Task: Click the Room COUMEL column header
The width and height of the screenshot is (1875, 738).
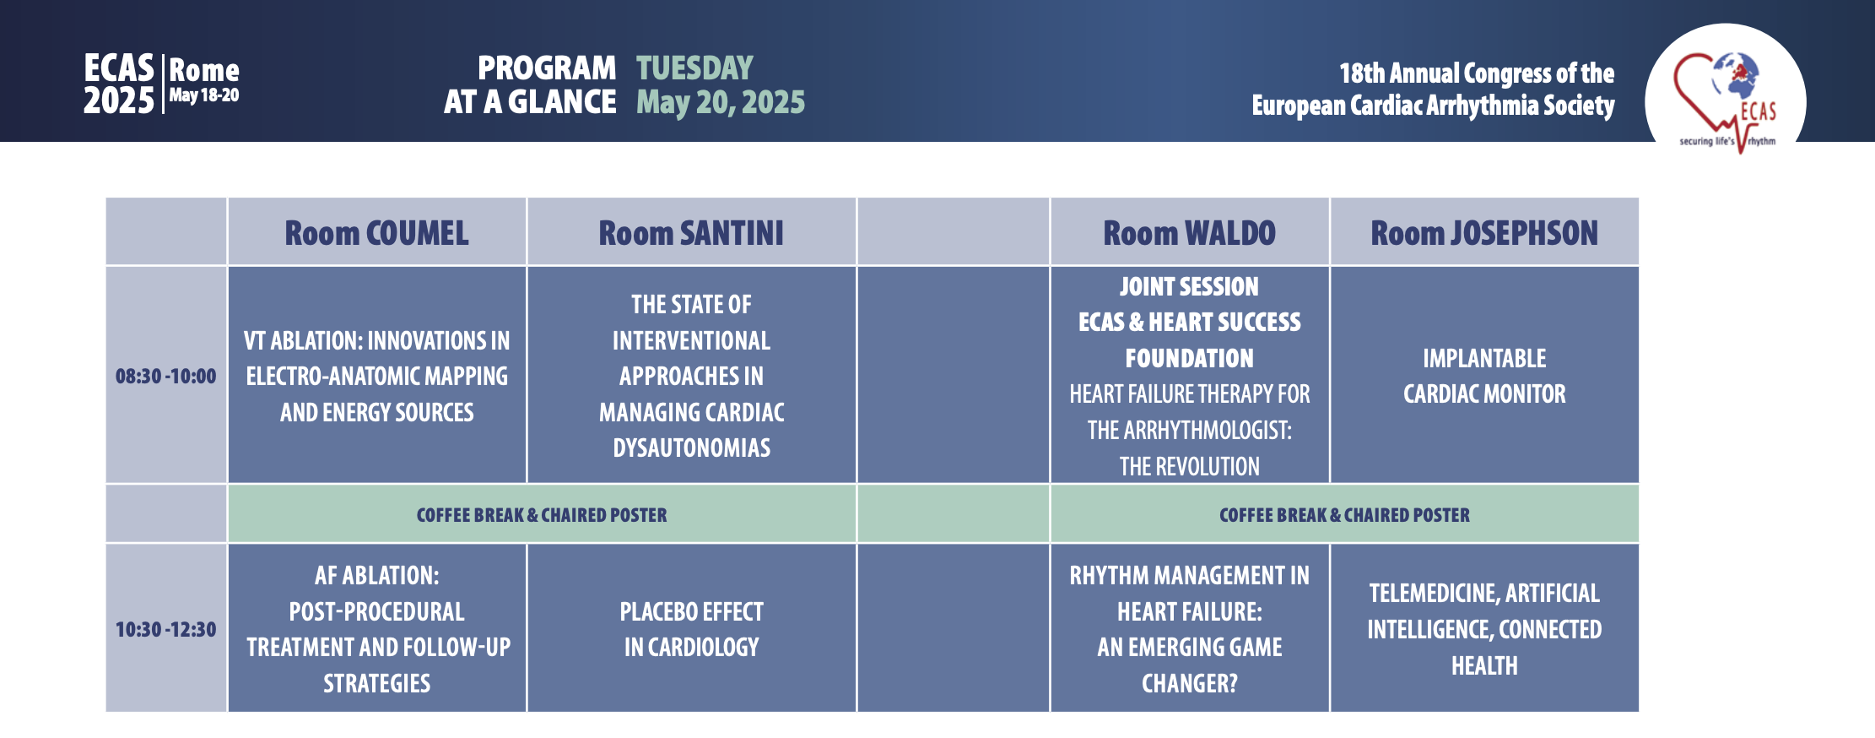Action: [x=376, y=233]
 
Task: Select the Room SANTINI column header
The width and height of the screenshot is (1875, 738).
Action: [x=691, y=233]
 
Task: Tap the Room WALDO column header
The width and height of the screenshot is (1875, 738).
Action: [x=1189, y=233]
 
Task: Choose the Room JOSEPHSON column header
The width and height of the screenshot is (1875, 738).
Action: [x=1484, y=233]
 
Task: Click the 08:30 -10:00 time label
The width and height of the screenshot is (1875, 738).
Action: [x=166, y=376]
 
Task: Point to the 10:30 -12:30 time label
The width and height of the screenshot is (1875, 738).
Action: [x=166, y=629]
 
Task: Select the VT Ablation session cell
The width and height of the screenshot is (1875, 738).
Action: [x=377, y=376]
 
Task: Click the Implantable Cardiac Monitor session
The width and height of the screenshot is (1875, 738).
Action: [x=1484, y=376]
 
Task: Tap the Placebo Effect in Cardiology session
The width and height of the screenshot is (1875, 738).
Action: [x=691, y=629]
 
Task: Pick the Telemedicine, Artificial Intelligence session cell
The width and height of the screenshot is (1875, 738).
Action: [x=1484, y=629]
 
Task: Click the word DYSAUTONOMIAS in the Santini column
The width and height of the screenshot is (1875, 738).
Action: [x=691, y=448]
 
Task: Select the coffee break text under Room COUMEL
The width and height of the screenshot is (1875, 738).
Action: [x=542, y=515]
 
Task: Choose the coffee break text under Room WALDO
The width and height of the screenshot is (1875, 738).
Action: [x=1344, y=515]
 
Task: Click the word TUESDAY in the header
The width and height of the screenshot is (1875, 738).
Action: [x=694, y=68]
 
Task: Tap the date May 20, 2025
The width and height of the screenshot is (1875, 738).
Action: [x=721, y=102]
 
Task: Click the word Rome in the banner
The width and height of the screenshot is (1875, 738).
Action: [x=204, y=70]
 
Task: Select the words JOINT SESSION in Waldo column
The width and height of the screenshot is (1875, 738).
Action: [x=1189, y=287]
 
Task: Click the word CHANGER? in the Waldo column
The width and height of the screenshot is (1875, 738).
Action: [x=1189, y=683]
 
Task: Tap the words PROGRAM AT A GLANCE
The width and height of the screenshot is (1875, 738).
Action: [x=530, y=84]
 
